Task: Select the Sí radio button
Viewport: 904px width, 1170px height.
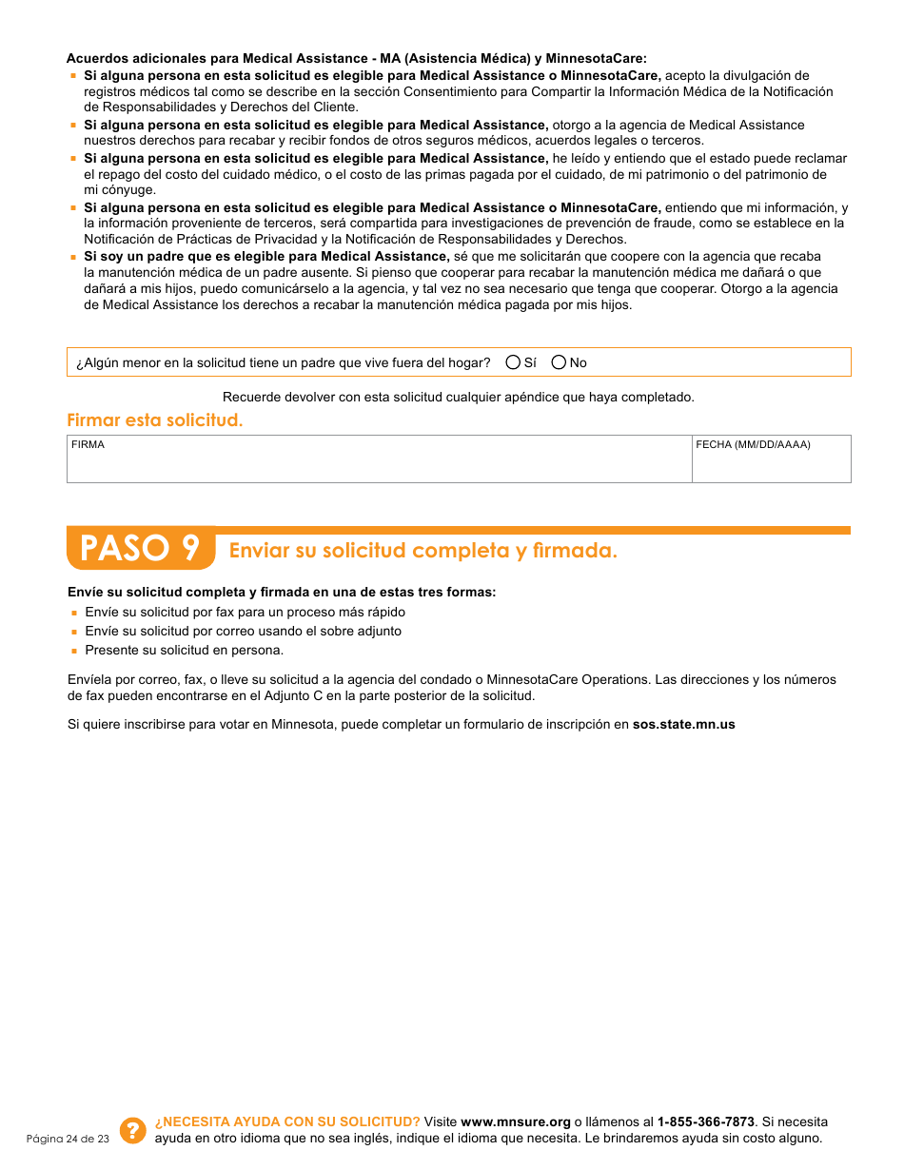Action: click(514, 362)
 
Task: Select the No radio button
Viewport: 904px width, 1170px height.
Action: click(559, 362)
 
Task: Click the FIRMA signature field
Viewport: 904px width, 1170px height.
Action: click(379, 464)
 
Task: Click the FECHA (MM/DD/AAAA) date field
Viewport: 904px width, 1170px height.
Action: click(771, 464)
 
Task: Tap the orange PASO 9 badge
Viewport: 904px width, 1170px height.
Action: click(141, 549)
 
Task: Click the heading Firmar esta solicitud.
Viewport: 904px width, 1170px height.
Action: click(154, 420)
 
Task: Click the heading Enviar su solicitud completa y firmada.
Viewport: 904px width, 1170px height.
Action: click(423, 551)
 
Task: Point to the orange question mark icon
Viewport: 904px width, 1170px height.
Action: click(133, 1130)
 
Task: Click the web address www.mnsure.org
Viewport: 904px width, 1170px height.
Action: click(515, 1122)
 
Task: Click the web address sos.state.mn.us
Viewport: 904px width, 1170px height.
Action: click(683, 725)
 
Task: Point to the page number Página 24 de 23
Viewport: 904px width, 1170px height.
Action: click(68, 1139)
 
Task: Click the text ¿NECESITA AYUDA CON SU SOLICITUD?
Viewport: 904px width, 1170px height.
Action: click(287, 1122)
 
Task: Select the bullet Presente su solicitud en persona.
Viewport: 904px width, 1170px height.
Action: click(184, 651)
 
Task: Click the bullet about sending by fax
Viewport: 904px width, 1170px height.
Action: click(245, 613)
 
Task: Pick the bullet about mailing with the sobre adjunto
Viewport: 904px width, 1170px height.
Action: click(243, 632)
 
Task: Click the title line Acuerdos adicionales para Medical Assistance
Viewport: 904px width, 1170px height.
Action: click(356, 59)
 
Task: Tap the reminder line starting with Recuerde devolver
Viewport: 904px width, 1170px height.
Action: click(458, 398)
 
